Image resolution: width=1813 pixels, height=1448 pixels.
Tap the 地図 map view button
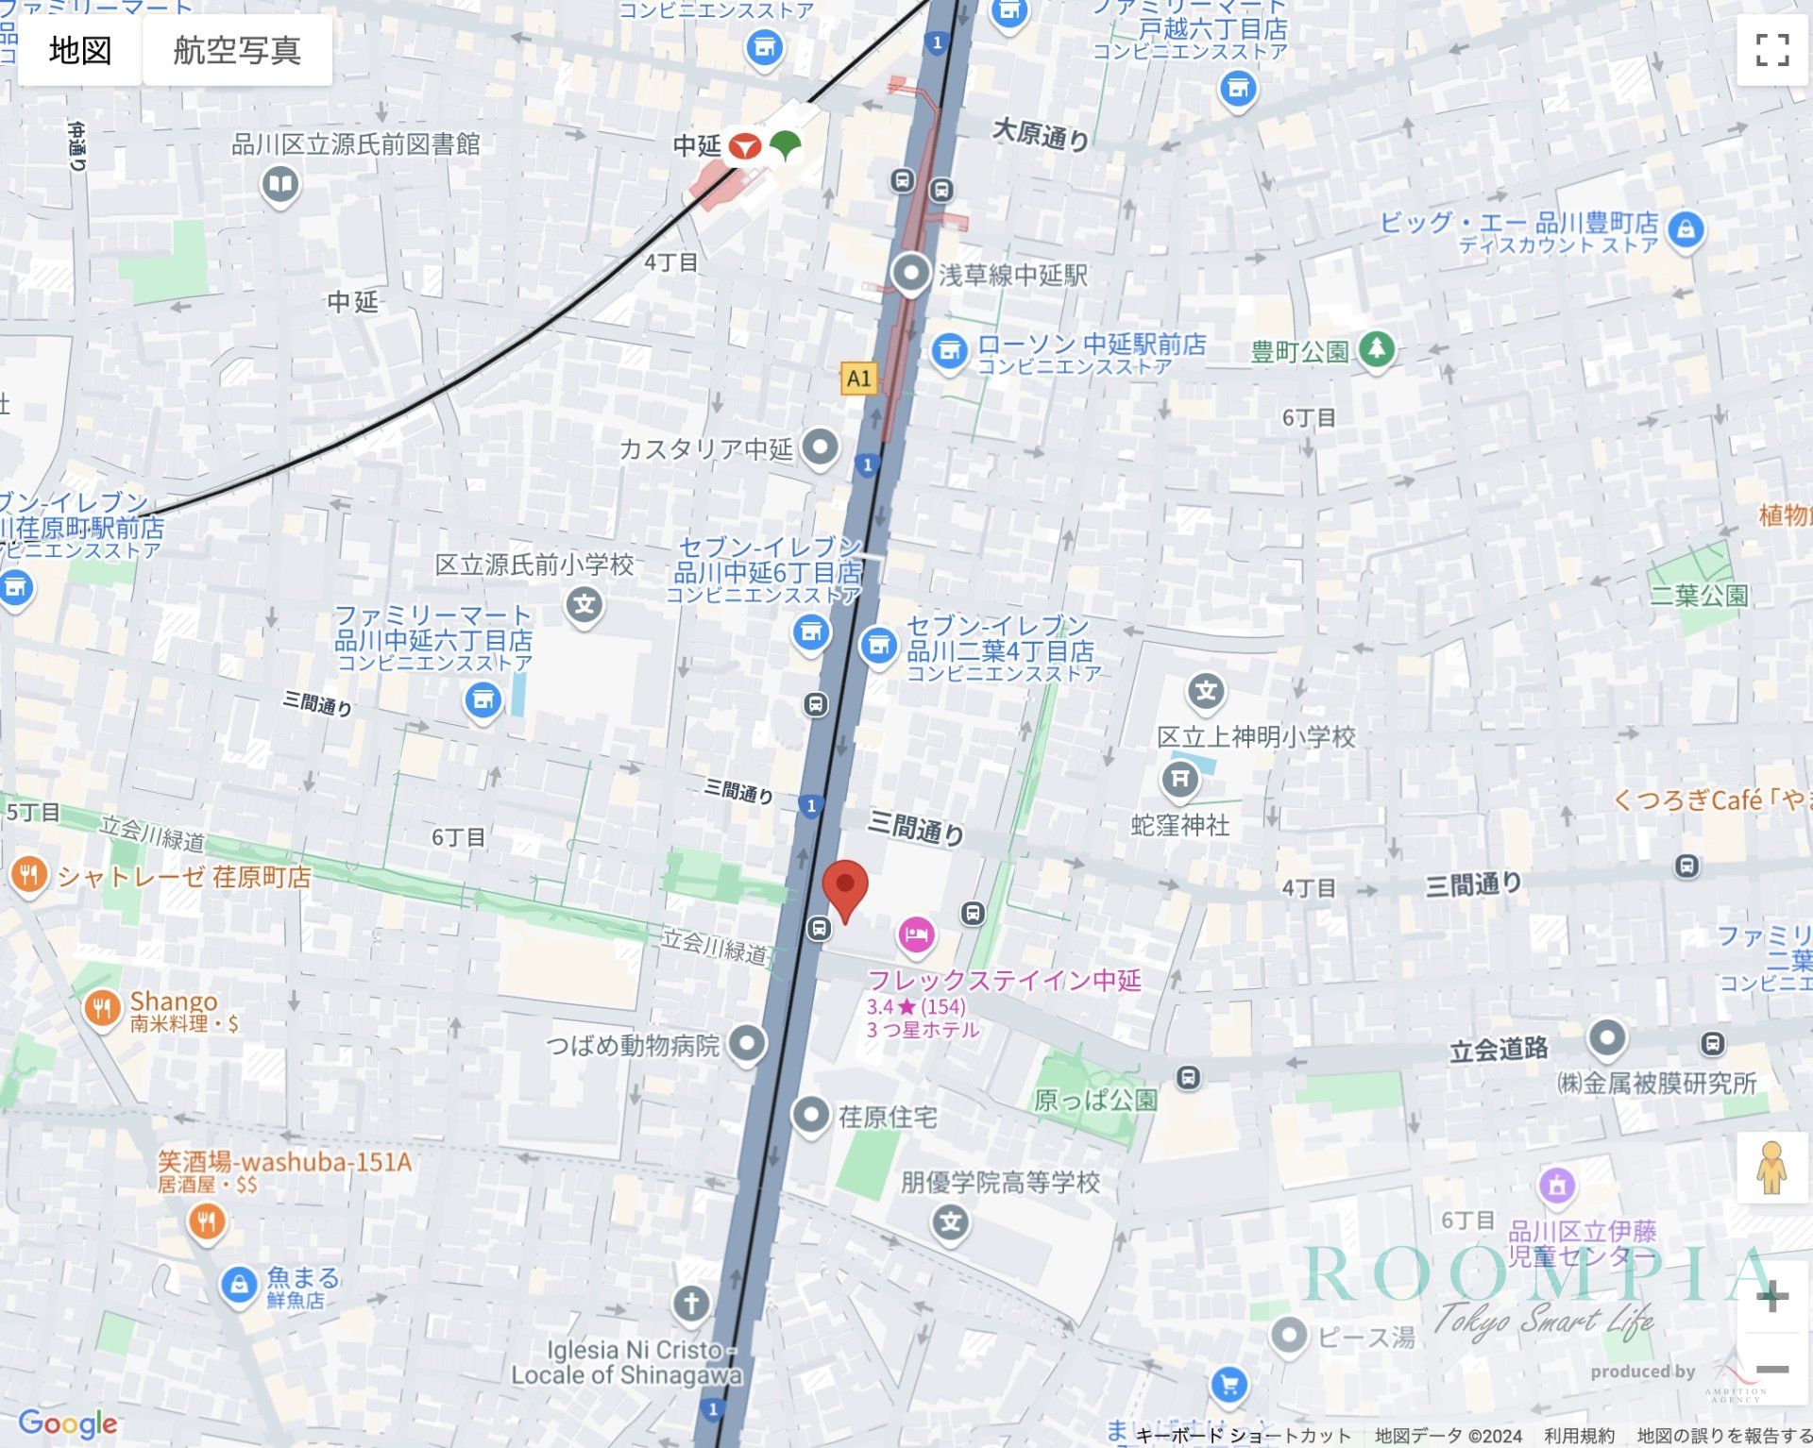(x=80, y=50)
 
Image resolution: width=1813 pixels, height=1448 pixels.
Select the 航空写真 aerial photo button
(x=237, y=50)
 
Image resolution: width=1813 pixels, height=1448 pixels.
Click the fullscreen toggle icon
(x=1771, y=50)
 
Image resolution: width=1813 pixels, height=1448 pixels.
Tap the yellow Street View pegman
(x=1771, y=1169)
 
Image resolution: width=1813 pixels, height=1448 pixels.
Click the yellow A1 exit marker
(x=858, y=379)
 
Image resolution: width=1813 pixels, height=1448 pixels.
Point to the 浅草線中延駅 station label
(x=1012, y=276)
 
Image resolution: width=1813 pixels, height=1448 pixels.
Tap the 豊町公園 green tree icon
(x=1377, y=349)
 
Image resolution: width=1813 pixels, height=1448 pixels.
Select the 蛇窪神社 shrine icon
(x=1179, y=779)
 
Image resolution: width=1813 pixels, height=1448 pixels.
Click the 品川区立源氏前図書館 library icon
(x=280, y=182)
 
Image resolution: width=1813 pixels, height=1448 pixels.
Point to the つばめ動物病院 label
(x=633, y=1046)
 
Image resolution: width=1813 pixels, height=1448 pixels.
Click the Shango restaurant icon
(x=102, y=1008)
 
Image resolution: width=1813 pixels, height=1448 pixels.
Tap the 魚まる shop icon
(x=239, y=1285)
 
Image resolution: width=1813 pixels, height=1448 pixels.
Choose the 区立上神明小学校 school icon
(x=1206, y=691)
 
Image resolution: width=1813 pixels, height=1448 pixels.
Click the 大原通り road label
(x=1041, y=135)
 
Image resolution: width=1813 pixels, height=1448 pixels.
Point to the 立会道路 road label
(x=1499, y=1049)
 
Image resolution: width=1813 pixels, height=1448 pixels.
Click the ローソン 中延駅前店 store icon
(x=949, y=351)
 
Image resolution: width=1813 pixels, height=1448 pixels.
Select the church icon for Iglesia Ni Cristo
(x=691, y=1304)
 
